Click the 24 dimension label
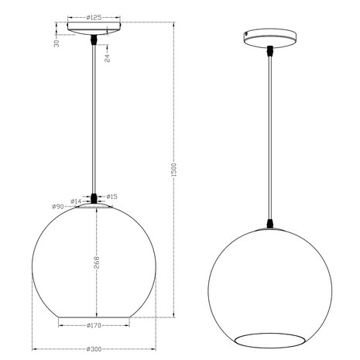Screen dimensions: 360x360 point(106,55)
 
